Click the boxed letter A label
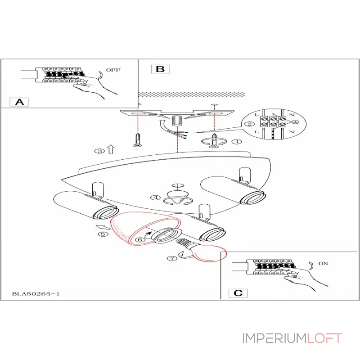pos(19,102)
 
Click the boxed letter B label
pos(160,69)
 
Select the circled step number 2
pos(247,125)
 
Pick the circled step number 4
pos(155,198)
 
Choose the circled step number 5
pos(103,234)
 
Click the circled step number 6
pos(140,240)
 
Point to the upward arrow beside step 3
pos(111,149)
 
